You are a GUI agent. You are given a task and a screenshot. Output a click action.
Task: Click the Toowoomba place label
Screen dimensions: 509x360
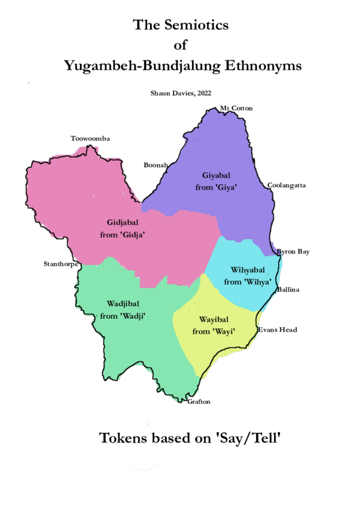[x=90, y=139]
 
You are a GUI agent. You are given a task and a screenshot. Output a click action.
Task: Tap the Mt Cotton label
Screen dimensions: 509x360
[x=236, y=108]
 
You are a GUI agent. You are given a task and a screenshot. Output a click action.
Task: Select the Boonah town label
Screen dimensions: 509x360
[x=155, y=164]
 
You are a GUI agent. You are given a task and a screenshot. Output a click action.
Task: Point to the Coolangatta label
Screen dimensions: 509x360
[x=287, y=185]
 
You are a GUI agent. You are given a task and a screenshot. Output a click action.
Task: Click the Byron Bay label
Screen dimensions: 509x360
[x=293, y=251]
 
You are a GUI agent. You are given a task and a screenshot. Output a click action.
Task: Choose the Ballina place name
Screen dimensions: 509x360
[x=288, y=290]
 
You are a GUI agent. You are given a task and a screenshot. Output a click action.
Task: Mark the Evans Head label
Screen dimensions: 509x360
[x=277, y=330]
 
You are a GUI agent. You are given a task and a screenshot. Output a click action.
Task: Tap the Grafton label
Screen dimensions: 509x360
[x=199, y=402]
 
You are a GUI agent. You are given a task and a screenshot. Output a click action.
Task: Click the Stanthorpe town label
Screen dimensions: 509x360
[x=61, y=264]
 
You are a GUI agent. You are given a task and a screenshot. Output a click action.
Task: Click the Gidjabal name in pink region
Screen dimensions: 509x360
[x=124, y=223]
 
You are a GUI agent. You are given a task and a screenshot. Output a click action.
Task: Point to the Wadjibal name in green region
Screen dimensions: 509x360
[x=124, y=303]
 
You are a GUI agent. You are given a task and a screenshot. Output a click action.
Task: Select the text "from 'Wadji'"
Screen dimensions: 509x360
[x=124, y=315]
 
